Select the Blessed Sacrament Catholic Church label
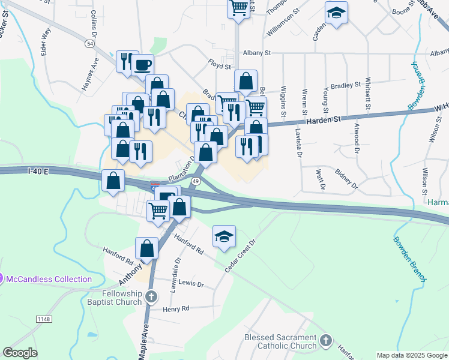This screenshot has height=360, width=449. click(280, 341)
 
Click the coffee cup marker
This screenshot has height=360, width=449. click(142, 64)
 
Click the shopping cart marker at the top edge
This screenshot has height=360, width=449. click(238, 8)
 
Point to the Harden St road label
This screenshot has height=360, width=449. click(324, 120)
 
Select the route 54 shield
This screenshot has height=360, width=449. click(89, 44)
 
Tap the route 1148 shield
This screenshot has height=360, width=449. click(44, 319)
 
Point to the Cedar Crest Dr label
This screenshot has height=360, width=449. click(240, 256)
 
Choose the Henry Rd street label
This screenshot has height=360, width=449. click(176, 308)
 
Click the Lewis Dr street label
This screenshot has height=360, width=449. click(191, 283)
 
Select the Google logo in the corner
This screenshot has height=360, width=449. click(20, 353)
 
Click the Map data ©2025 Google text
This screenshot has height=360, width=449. click(412, 355)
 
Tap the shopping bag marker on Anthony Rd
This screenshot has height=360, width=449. click(146, 248)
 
